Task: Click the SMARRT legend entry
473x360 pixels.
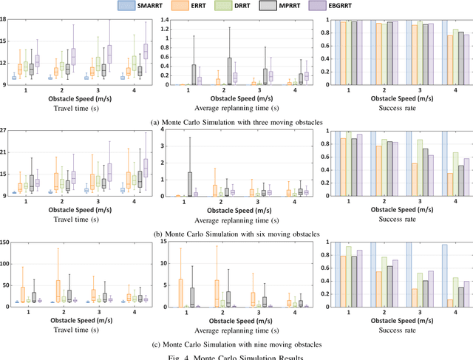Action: pos(134,6)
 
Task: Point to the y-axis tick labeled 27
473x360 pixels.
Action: pos(4,131)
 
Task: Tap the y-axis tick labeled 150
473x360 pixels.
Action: pos(5,242)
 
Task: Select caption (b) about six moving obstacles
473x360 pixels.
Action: pos(236,234)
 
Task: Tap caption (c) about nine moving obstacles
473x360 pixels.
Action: pos(236,346)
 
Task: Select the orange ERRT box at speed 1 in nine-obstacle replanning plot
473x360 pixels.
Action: pos(180,293)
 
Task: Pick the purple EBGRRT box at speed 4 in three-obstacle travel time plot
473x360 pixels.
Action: pos(146,51)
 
